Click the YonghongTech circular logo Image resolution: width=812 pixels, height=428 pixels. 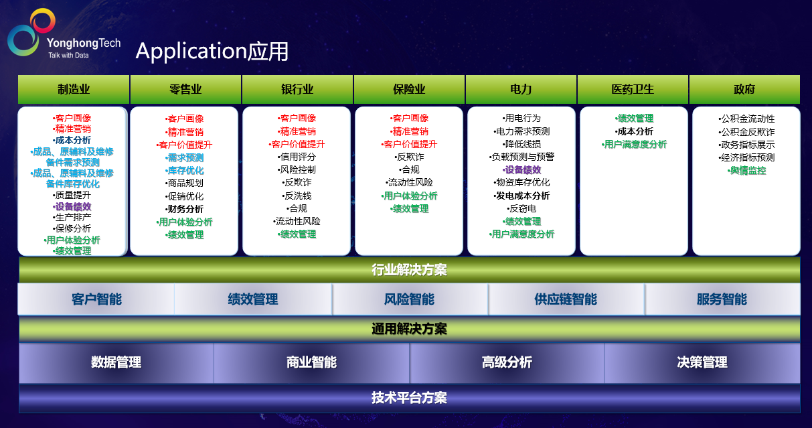point(31,32)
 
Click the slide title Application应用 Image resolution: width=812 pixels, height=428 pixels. point(212,51)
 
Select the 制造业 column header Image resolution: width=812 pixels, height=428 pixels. point(74,89)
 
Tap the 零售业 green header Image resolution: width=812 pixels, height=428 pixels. point(185,89)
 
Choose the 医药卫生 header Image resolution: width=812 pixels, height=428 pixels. point(633,89)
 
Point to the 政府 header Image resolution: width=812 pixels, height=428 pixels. point(744,89)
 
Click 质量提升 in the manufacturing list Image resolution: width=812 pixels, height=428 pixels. point(72,195)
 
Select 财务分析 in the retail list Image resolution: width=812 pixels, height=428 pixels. point(184,209)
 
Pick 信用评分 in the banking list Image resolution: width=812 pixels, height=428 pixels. point(297,157)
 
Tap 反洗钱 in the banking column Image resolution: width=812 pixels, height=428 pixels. point(297,196)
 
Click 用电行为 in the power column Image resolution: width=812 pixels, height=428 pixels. point(521,118)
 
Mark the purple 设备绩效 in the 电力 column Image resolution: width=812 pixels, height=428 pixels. point(521,169)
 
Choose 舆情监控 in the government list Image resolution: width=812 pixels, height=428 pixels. point(747,171)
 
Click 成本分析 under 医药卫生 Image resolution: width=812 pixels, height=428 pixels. point(634,131)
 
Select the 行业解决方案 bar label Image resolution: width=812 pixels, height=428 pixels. point(409,270)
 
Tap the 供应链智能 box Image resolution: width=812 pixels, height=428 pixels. point(566,299)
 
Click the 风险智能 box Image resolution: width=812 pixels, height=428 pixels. point(410,299)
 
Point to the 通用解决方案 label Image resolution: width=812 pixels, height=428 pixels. point(409,329)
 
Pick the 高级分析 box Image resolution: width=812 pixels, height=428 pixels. point(507,362)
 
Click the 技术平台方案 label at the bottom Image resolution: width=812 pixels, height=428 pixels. point(409,398)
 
